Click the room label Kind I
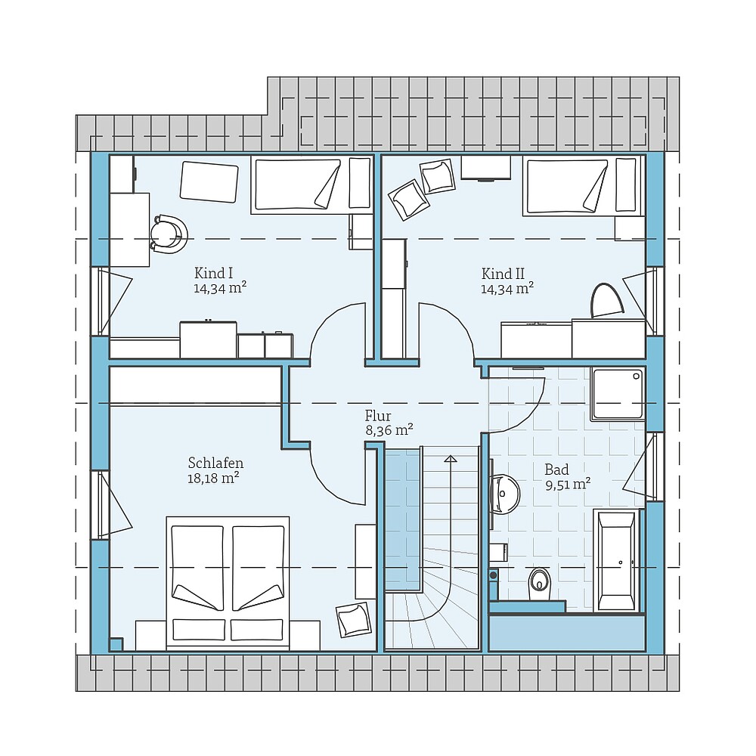(214, 274)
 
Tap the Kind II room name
(503, 274)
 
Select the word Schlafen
(215, 463)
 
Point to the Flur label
(378, 416)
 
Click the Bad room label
(557, 469)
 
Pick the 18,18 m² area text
(214, 479)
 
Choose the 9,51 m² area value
(569, 484)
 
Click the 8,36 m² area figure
(389, 429)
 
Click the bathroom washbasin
(505, 494)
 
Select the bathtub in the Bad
(617, 561)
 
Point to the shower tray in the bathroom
(618, 395)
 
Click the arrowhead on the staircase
(451, 459)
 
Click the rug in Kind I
(209, 182)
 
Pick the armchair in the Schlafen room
(354, 621)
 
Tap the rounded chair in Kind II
(607, 301)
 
